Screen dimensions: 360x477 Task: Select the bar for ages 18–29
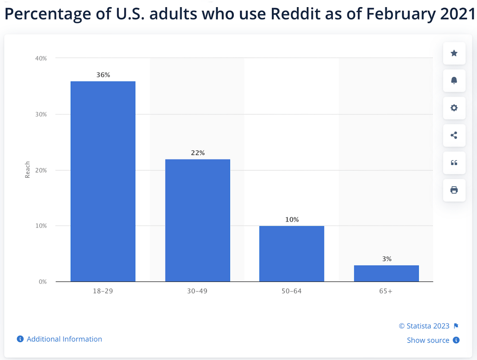click(103, 181)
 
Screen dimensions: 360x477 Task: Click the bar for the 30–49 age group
click(198, 220)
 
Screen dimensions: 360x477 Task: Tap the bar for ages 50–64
click(292, 254)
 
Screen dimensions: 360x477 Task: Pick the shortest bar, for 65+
click(386, 273)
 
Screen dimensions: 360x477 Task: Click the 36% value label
click(103, 74)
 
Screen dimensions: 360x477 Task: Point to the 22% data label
click(198, 153)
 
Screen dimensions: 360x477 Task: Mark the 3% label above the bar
click(387, 259)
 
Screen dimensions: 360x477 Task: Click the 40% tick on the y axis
click(41, 58)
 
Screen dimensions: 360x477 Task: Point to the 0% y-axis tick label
click(42, 282)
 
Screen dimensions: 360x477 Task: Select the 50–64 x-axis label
click(292, 291)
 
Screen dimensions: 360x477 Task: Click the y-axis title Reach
click(27, 170)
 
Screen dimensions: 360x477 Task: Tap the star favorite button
click(454, 53)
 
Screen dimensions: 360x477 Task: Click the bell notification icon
click(454, 81)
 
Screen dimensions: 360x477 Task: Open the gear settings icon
click(454, 108)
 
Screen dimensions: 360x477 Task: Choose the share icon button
click(454, 135)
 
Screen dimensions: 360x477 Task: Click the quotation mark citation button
click(454, 163)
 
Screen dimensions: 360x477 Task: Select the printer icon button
click(454, 190)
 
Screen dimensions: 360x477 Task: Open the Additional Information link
click(64, 339)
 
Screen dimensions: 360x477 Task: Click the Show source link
click(428, 340)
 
